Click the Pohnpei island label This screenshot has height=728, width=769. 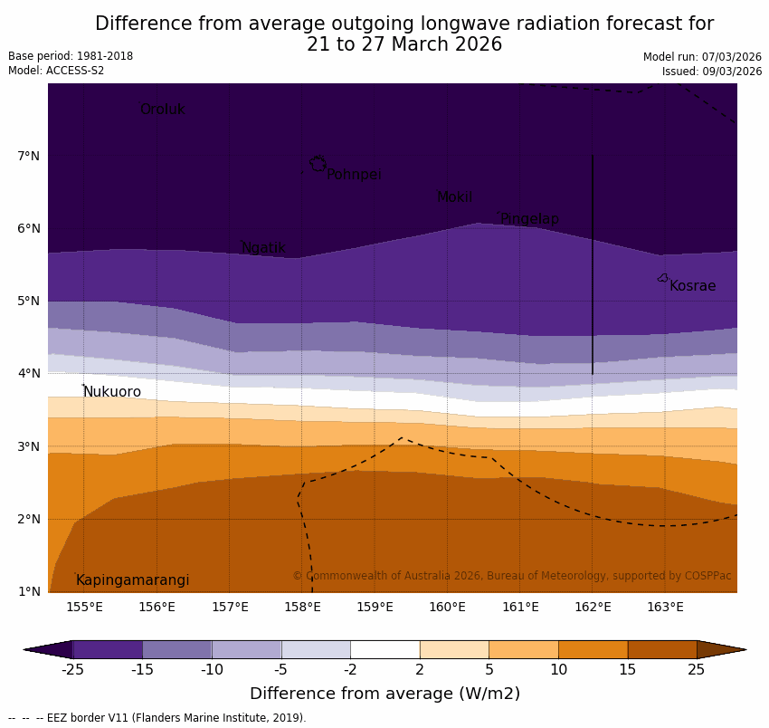(354, 175)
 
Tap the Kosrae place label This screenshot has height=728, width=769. (692, 286)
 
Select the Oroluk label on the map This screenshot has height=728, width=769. (162, 110)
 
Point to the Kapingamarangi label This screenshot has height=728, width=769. (133, 580)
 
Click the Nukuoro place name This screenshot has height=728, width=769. (112, 392)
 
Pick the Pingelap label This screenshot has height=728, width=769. (529, 219)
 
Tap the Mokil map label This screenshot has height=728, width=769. (454, 197)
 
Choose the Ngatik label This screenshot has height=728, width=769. (263, 248)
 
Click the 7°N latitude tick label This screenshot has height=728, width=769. (28, 156)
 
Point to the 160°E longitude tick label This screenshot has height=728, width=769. (447, 607)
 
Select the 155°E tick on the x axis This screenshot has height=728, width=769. (84, 607)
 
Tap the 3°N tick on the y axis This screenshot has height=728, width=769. (28, 446)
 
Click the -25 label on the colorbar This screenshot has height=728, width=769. (72, 670)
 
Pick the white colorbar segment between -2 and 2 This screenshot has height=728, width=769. (384, 649)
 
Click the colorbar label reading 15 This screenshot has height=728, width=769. (628, 670)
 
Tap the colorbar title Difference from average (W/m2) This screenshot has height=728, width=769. (384, 694)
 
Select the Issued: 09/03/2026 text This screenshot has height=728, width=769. (711, 72)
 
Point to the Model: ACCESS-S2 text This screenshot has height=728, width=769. (56, 71)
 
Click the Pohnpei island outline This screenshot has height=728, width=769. (318, 164)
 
